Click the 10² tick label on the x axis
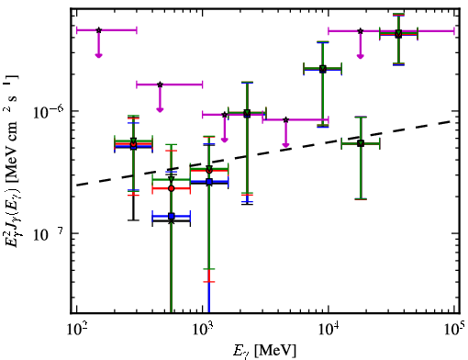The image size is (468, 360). click(x=76, y=330)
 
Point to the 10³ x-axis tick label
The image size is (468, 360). click(x=202, y=330)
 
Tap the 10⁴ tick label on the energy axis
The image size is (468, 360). click(x=329, y=330)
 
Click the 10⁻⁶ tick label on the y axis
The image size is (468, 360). click(x=49, y=112)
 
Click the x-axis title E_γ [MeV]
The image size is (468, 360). click(x=264, y=351)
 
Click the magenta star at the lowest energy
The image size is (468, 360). click(x=98, y=30)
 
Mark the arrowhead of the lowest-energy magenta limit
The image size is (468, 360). click(x=98, y=55)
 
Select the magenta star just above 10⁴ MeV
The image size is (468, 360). click(x=361, y=31)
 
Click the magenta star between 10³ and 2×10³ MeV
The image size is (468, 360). click(x=225, y=115)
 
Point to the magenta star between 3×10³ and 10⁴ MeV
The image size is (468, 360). click(x=285, y=119)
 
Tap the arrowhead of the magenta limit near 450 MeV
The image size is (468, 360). click(x=160, y=109)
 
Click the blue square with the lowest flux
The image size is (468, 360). click(x=172, y=216)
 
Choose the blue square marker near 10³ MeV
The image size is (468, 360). click(x=209, y=182)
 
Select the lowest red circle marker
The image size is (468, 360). click(x=172, y=188)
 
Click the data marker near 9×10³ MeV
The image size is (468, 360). click(x=323, y=69)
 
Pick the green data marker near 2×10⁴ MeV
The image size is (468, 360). click(x=361, y=143)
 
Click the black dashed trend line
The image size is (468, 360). click(x=265, y=152)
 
